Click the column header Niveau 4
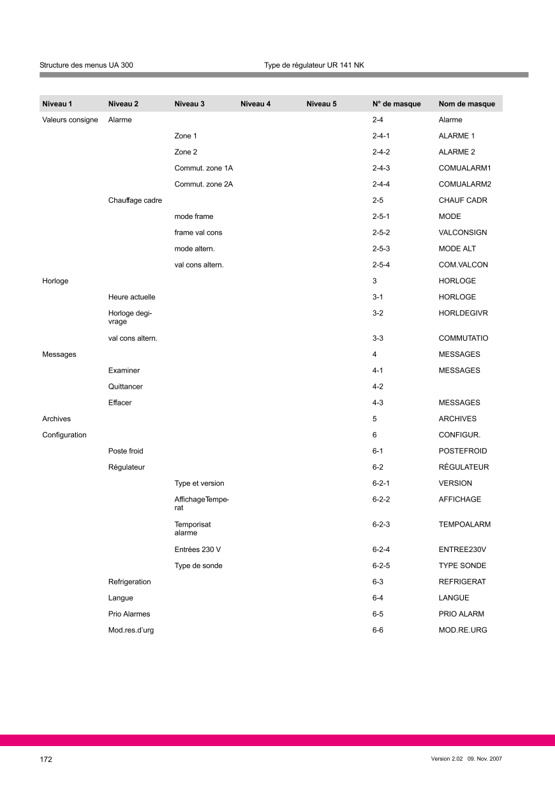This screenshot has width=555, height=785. click(255, 104)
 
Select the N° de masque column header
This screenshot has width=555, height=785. click(396, 104)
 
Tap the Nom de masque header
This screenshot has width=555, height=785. click(466, 104)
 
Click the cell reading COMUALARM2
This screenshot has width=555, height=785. click(464, 184)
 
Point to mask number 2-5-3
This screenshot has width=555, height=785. click(381, 249)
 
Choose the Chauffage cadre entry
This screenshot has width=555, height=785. click(135, 200)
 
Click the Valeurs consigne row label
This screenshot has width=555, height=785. click(70, 120)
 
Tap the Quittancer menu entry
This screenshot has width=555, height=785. click(125, 387)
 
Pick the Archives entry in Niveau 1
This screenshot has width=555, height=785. click(56, 419)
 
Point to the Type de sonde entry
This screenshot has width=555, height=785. click(198, 565)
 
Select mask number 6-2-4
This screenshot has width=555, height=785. click(381, 549)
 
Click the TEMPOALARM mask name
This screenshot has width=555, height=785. click(464, 525)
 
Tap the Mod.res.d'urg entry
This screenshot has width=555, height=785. click(131, 630)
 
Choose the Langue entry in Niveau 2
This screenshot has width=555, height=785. click(121, 598)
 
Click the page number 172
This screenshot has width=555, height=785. click(46, 759)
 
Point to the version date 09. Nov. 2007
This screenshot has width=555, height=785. click(485, 759)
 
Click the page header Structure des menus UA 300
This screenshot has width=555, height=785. click(86, 65)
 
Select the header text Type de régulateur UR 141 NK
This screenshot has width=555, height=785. click(314, 65)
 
